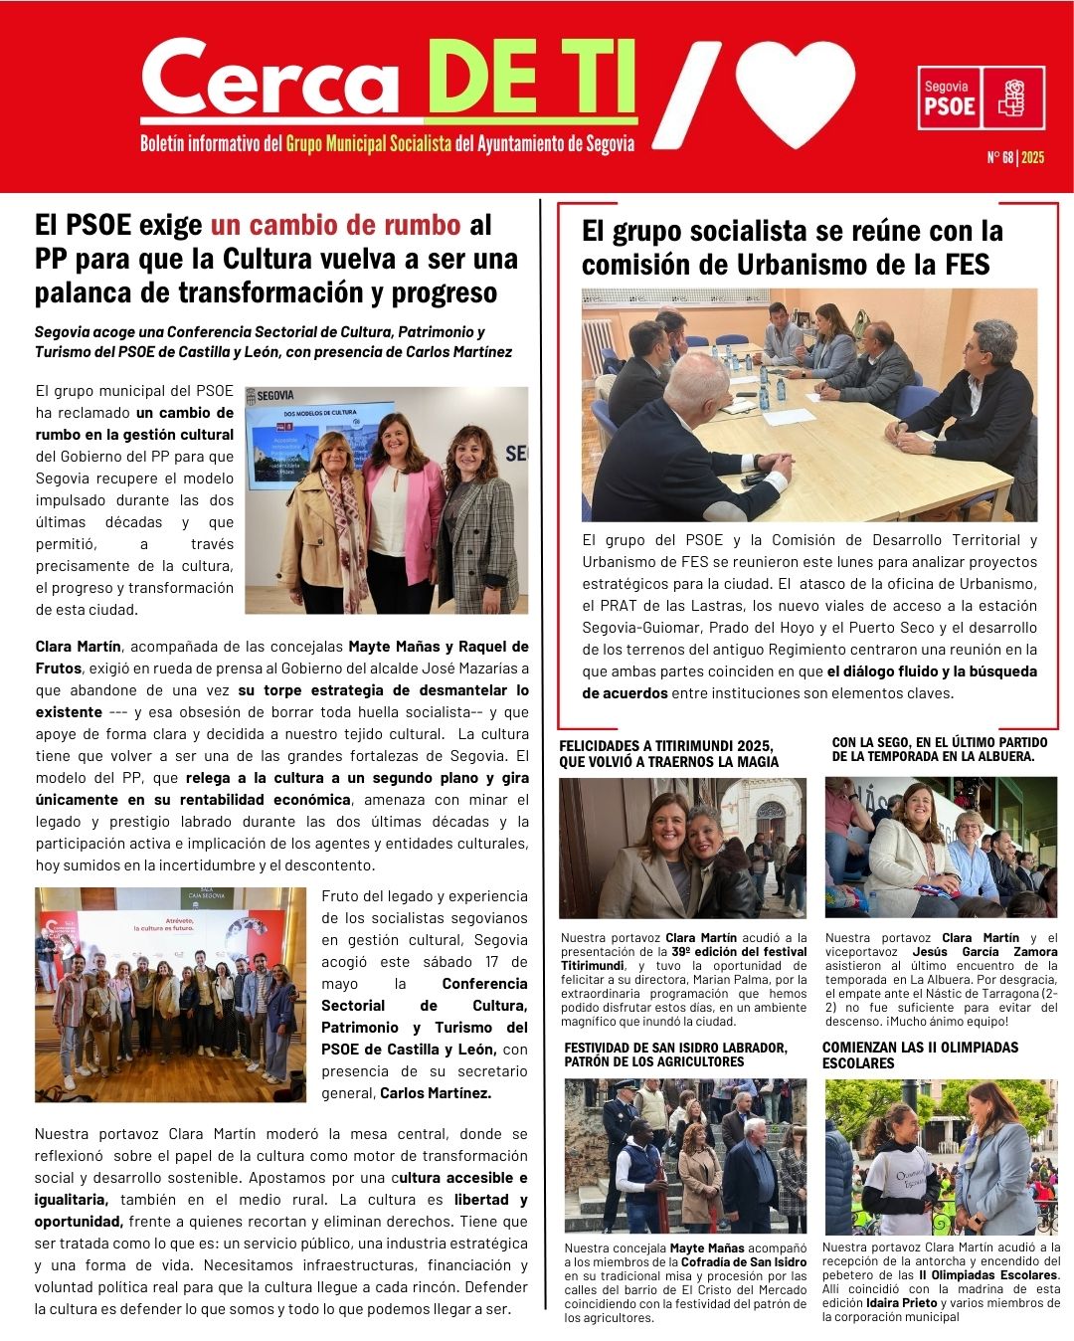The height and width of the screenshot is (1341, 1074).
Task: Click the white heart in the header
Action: [795, 92]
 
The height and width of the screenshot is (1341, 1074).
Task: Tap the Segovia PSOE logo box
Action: [981, 98]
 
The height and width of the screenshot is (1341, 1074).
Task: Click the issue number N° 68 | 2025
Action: [1015, 158]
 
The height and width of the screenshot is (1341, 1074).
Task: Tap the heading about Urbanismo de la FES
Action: [792, 248]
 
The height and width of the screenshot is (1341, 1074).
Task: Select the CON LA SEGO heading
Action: [940, 749]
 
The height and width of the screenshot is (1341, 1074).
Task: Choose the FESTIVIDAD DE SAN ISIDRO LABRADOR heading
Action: [675, 1054]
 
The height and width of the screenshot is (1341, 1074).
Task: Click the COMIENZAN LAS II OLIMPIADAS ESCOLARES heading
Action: [920, 1054]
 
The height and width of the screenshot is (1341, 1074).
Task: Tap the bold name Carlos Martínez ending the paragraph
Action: [436, 1092]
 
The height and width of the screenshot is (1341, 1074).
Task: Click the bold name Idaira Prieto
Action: [901, 1302]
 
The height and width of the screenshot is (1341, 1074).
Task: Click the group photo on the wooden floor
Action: [170, 995]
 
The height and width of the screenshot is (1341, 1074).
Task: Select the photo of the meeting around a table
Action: [808, 405]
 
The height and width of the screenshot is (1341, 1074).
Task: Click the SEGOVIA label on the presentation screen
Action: [275, 396]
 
